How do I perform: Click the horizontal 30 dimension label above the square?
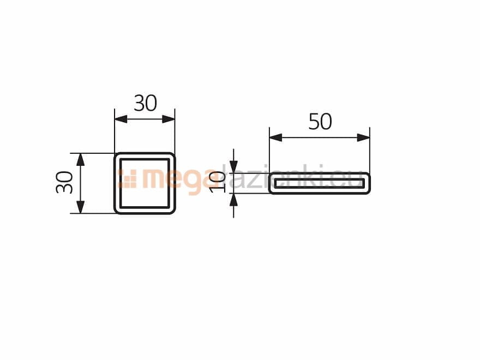coord(146,103)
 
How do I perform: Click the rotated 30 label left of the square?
coord(64,182)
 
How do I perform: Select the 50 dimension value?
coord(320,122)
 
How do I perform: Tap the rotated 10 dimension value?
coord(217,182)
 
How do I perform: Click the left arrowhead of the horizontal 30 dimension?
coord(121,119)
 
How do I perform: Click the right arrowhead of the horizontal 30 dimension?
coord(169,119)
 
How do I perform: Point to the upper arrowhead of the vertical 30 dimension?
coord(80,159)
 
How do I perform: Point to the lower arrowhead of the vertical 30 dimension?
coord(80,207)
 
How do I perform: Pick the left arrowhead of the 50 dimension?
coord(275,138)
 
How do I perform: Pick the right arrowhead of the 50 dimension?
coord(363,138)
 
